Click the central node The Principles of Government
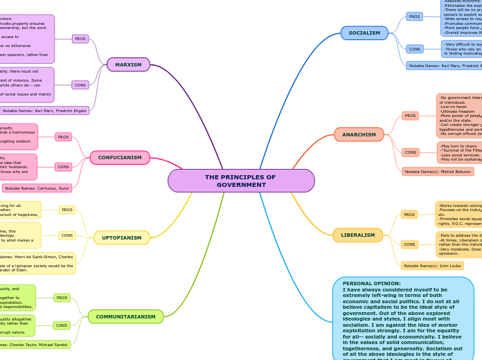tap(240, 181)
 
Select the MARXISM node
tap(128, 64)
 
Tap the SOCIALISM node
tap(364, 33)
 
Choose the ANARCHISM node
tap(358, 134)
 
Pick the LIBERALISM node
tap(357, 235)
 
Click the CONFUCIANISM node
tap(120, 158)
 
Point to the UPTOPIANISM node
tap(122, 237)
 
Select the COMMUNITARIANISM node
tap(125, 316)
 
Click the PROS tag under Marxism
tap(80, 39)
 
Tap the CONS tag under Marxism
tap(80, 84)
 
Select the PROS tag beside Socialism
tap(414, 16)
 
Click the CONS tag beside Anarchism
tap(410, 152)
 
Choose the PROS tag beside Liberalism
tap(409, 215)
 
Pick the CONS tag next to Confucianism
tap(64, 167)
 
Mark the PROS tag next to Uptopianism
tap(67, 210)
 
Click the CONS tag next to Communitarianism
tap(62, 325)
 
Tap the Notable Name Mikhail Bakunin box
tap(438, 172)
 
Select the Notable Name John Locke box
tap(432, 266)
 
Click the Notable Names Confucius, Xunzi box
tap(37, 188)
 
